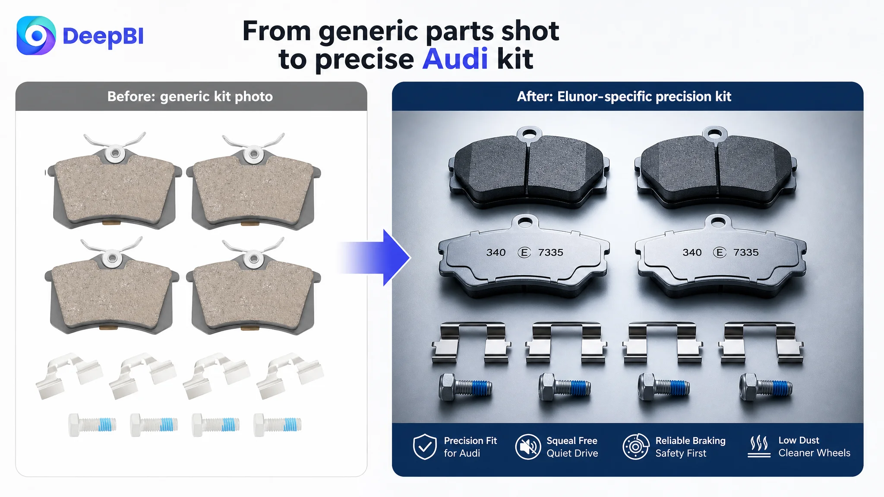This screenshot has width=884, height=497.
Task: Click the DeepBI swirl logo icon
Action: tap(36, 35)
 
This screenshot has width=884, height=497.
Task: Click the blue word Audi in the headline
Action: tap(455, 59)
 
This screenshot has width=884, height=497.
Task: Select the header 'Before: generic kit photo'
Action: tap(190, 96)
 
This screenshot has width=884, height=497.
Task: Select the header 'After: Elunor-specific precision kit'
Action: tap(624, 96)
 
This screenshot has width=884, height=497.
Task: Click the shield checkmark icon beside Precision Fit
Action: tap(425, 447)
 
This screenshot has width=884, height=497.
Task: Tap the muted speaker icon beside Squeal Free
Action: tap(528, 447)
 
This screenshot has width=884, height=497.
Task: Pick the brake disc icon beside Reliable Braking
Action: tap(636, 447)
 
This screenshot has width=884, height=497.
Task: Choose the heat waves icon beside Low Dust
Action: tap(759, 446)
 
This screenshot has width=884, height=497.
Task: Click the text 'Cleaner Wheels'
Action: tap(814, 453)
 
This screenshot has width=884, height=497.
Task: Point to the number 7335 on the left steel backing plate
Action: tap(551, 252)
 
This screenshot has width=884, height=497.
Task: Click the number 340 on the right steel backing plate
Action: tap(692, 252)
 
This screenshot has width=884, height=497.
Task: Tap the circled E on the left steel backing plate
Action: tap(524, 252)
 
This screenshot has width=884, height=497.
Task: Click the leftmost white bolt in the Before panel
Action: tap(92, 425)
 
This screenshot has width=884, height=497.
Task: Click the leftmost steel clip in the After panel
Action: tap(472, 343)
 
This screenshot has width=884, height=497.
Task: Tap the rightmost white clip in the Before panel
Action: tap(290, 374)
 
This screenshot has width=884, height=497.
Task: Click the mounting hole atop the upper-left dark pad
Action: tap(529, 133)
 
